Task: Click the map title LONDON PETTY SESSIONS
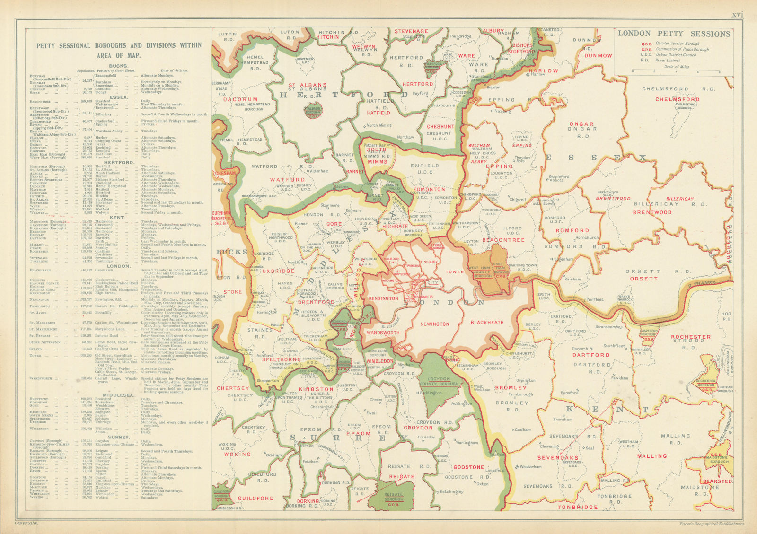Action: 674,34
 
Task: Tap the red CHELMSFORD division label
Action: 677,99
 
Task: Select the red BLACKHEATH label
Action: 487,322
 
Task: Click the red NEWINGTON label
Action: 434,324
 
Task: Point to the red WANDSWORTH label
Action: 383,333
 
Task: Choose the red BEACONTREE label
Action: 503,240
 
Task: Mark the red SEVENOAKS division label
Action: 558,458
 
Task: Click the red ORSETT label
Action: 643,279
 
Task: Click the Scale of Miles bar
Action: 676,71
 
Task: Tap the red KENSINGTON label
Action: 383,298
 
